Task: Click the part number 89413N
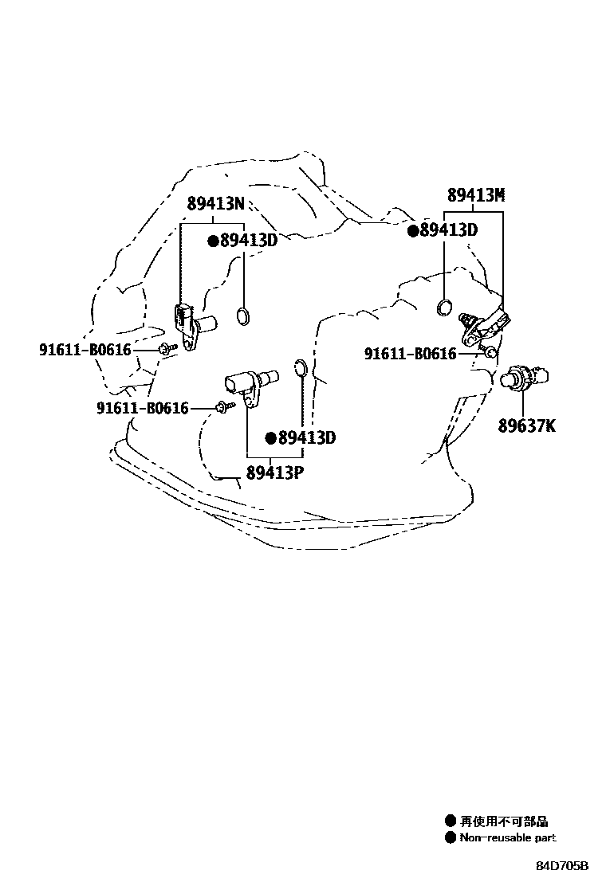tap(215, 204)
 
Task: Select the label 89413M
tap(476, 195)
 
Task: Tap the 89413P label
tap(275, 472)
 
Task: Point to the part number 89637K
tap(527, 426)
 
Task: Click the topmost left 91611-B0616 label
tap(85, 349)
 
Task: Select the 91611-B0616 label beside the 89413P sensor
tap(143, 408)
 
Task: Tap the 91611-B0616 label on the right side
tap(411, 354)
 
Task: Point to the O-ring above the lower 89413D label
tap(300, 367)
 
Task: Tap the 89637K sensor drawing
tap(526, 374)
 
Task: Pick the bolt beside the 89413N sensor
tap(166, 348)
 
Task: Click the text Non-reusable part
tap(507, 837)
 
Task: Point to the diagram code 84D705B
tap(561, 866)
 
